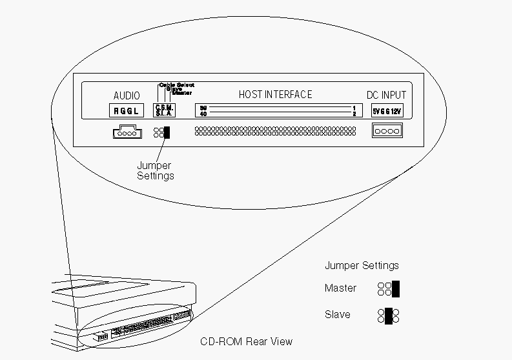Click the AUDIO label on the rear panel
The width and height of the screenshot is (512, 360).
click(x=127, y=95)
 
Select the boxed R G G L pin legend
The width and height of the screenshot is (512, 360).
click(x=127, y=110)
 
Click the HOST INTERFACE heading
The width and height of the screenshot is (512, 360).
click(x=275, y=94)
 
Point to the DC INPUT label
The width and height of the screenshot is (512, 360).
click(x=387, y=95)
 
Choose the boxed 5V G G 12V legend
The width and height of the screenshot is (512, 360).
click(x=387, y=110)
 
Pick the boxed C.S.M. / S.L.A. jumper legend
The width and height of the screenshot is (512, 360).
click(x=161, y=110)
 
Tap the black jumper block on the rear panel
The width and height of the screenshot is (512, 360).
click(x=167, y=132)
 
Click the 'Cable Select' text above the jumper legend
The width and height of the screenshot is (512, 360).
click(x=176, y=85)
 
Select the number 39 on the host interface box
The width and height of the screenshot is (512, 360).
click(x=203, y=108)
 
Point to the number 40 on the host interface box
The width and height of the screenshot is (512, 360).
click(x=203, y=114)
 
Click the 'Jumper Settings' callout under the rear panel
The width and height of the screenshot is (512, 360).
click(x=155, y=170)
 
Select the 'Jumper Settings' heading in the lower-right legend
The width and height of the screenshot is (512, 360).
click(x=362, y=265)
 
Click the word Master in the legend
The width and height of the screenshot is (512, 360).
click(x=340, y=288)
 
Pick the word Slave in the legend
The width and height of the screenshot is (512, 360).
click(x=338, y=315)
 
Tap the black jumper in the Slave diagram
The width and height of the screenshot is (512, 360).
click(x=388, y=315)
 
